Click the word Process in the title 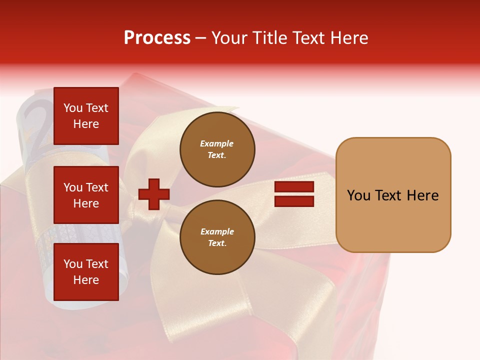click(157, 38)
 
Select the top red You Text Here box click(86, 116)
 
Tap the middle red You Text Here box click(86, 195)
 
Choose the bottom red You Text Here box click(86, 272)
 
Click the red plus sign click(154, 193)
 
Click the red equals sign click(294, 194)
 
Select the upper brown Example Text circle click(217, 149)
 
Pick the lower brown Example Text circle click(217, 237)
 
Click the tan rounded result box click(393, 195)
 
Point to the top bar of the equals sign click(294, 187)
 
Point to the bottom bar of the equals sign click(294, 201)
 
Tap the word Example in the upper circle click(217, 143)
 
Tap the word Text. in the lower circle click(217, 243)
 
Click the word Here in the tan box click(422, 195)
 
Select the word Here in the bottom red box click(86, 280)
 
